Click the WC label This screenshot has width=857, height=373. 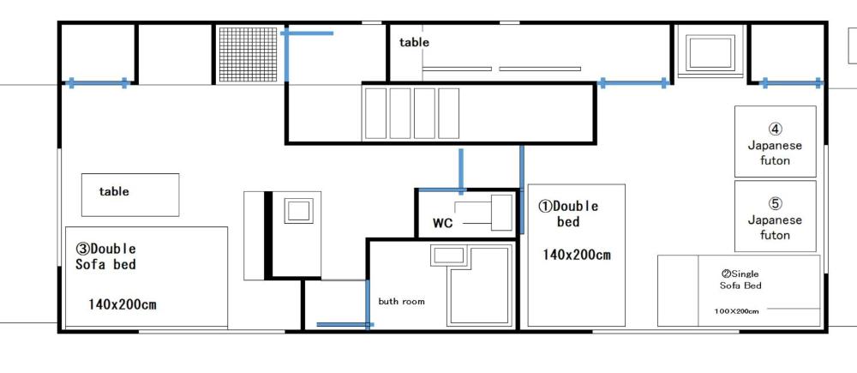[x=442, y=223]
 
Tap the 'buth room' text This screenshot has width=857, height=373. [x=401, y=301]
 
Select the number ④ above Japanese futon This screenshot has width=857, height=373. [x=775, y=129]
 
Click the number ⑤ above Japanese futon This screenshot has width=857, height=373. [x=775, y=204]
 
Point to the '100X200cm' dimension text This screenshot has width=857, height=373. [x=736, y=311]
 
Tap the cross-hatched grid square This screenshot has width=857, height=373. [x=249, y=54]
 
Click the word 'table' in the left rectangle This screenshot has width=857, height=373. [x=114, y=191]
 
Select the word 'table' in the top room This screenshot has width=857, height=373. [x=414, y=42]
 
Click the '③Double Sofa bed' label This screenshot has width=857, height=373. [x=105, y=256]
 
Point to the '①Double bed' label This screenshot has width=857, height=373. [x=568, y=214]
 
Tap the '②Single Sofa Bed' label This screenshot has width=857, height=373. [x=740, y=280]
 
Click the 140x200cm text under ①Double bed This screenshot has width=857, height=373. [x=576, y=255]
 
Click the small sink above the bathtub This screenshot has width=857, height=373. [x=447, y=255]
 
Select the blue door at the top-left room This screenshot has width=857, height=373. [x=98, y=83]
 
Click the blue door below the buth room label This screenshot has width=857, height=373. [x=344, y=324]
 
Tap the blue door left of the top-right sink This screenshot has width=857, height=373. [x=633, y=83]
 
